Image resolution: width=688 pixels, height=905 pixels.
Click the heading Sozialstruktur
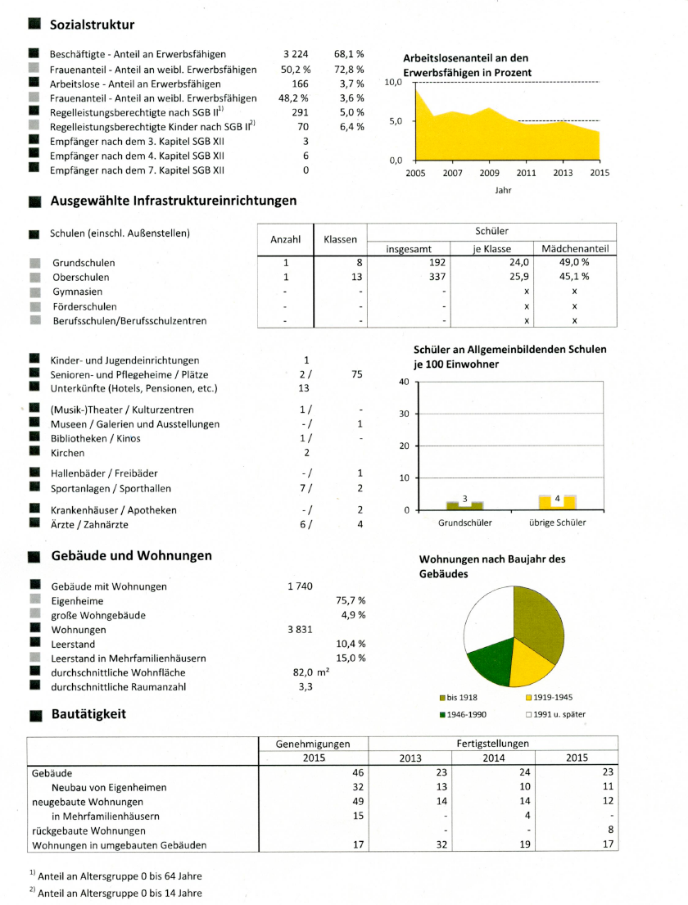[x=92, y=25]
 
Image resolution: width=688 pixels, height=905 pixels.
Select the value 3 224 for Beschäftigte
[x=296, y=54]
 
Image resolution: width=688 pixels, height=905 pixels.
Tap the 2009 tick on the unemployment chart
[x=489, y=174]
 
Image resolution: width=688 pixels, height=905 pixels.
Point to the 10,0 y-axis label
[x=392, y=83]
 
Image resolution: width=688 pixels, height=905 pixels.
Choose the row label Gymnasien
[x=77, y=292]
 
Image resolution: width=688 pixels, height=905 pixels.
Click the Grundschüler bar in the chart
[x=464, y=505]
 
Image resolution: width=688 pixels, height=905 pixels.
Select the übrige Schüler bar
[x=557, y=502]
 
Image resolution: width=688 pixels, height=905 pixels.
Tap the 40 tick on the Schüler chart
[x=403, y=382]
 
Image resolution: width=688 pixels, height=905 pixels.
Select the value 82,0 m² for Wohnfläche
[x=310, y=672]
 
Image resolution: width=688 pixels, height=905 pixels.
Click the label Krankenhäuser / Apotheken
[x=113, y=510]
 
